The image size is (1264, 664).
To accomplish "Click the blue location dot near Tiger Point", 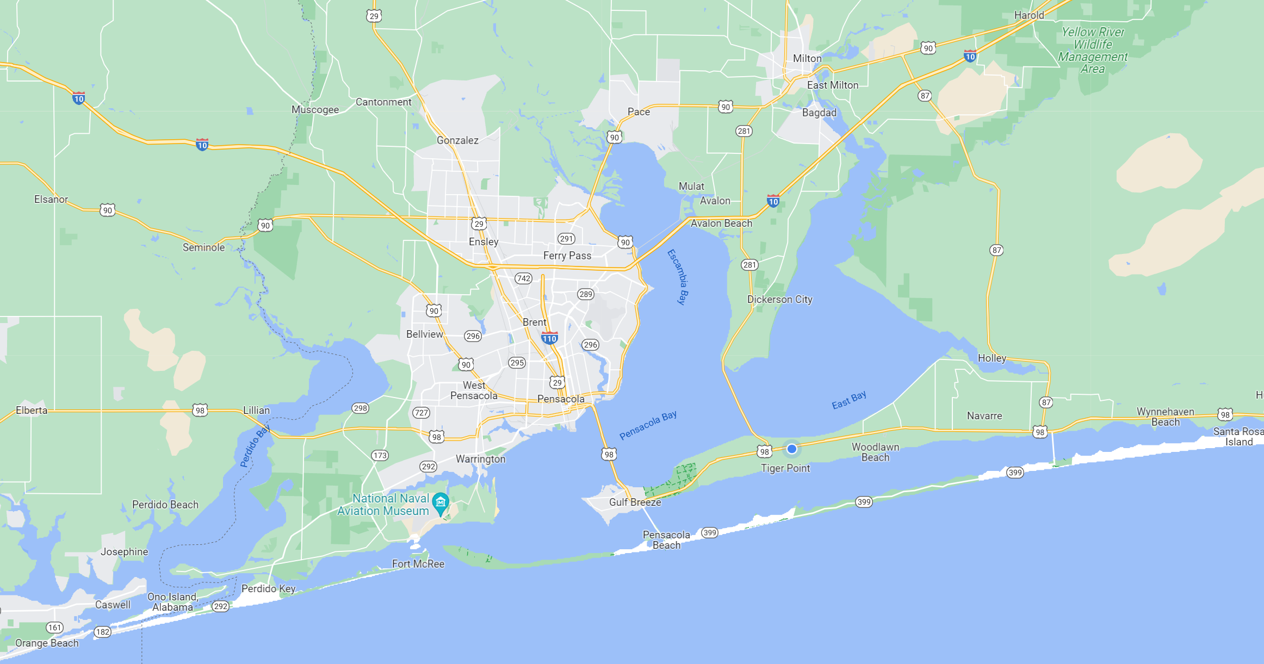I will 792,449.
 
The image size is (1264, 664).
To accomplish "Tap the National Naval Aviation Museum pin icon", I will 440,502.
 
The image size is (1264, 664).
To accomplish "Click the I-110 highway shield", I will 549,338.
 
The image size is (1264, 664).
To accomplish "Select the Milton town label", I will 807,58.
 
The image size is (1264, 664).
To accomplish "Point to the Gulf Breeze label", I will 635,502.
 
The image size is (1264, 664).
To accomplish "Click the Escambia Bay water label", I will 678,276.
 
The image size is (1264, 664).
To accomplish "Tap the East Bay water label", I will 849,400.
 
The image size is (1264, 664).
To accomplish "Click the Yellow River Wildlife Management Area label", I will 1093,50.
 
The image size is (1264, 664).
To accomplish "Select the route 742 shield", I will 523,278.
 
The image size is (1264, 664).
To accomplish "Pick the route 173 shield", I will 380,455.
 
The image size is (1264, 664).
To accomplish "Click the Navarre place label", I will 984,415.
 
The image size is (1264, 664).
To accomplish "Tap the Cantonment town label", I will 383,102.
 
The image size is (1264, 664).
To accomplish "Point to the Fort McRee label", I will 418,564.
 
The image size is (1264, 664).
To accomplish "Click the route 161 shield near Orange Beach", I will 54,628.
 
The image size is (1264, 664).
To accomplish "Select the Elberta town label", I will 32,410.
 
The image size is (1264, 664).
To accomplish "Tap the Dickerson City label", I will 779,299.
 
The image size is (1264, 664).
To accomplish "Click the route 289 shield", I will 585,294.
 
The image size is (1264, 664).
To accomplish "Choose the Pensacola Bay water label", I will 648,425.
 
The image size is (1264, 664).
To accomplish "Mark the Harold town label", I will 1029,15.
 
